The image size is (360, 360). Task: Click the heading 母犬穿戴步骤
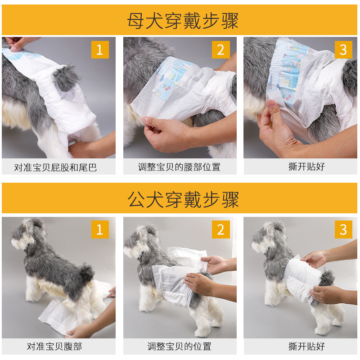click(x=183, y=21)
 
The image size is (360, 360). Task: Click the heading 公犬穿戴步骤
click(x=183, y=199)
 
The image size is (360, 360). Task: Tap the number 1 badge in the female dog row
click(x=100, y=49)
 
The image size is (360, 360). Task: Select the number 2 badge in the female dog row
click(x=220, y=49)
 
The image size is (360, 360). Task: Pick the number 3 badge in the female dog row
click(x=343, y=49)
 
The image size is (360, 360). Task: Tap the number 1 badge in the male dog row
click(x=100, y=229)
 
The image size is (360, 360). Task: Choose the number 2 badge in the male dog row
click(x=220, y=229)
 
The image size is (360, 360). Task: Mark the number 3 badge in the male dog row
click(x=343, y=229)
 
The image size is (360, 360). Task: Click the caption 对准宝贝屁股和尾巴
click(x=55, y=167)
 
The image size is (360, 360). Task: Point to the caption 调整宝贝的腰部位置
click(x=179, y=167)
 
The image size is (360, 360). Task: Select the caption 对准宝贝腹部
click(x=54, y=346)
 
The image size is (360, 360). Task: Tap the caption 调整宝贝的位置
click(x=179, y=346)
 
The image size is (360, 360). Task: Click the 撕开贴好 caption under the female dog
click(x=306, y=166)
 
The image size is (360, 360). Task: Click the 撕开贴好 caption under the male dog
click(x=306, y=346)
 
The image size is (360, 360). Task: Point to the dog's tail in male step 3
click(x=327, y=278)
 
